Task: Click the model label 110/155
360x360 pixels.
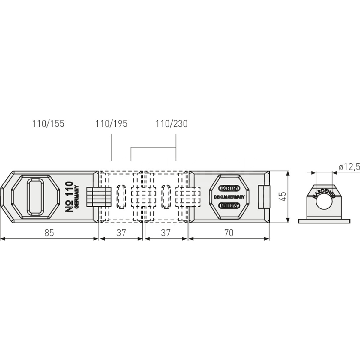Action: click(48, 124)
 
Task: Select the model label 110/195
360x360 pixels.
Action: click(111, 124)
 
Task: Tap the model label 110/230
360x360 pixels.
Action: click(172, 124)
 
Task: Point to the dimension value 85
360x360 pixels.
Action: click(49, 233)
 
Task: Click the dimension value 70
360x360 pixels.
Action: click(229, 233)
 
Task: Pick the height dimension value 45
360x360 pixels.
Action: click(283, 197)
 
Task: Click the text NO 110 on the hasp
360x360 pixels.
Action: click(69, 197)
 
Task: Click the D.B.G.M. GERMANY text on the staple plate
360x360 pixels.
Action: click(229, 197)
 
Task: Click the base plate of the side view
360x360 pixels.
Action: click(324, 221)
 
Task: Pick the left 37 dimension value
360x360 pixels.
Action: click(121, 233)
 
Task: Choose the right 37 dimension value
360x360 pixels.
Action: click(166, 233)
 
